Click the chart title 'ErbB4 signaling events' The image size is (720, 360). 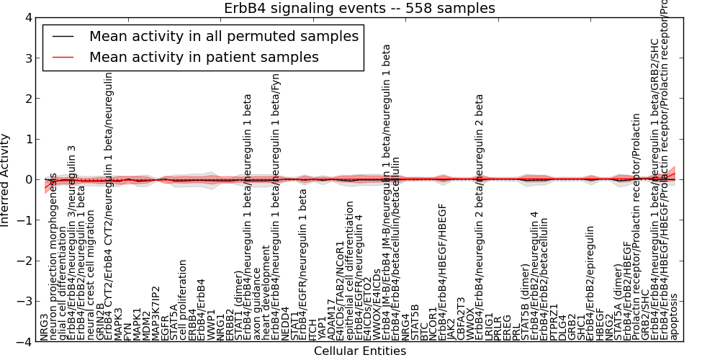point(360,8)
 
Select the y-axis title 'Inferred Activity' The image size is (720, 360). point(6,179)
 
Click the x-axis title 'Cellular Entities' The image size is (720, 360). point(360,351)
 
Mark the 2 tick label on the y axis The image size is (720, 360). point(27,98)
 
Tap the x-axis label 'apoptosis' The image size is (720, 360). point(674,316)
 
